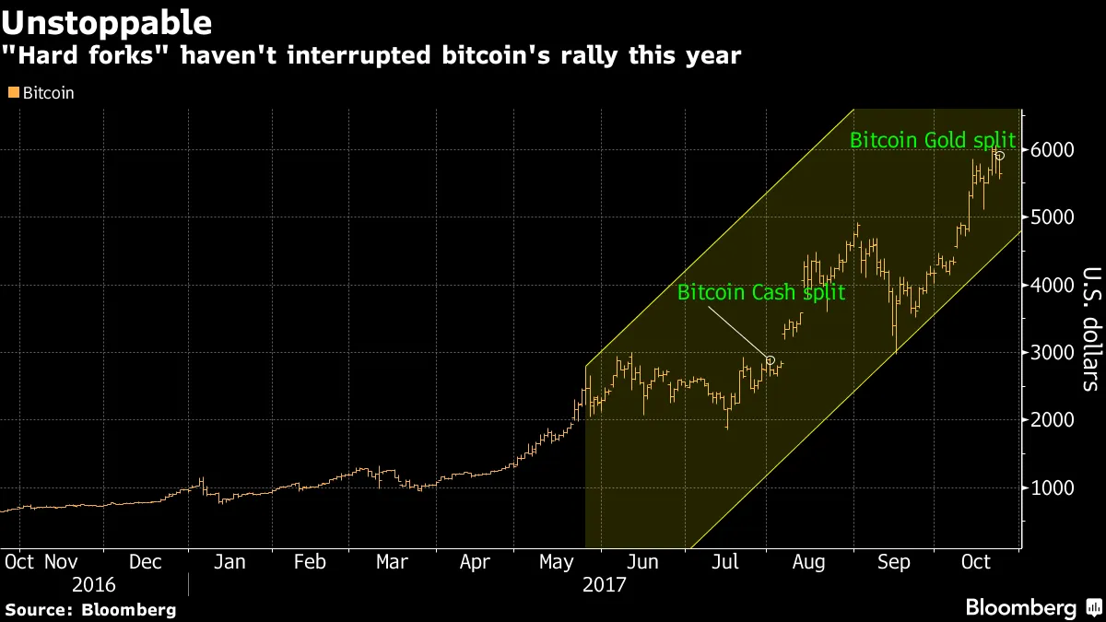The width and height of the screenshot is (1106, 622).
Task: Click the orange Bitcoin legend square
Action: (x=12, y=93)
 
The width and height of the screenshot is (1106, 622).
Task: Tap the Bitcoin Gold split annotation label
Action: (x=932, y=141)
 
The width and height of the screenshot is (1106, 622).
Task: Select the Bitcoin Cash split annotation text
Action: (x=760, y=293)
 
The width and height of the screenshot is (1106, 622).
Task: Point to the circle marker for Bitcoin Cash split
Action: (x=771, y=360)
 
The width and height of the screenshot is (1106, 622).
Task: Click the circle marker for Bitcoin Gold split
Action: (x=1000, y=156)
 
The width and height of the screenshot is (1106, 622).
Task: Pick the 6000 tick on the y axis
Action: (x=1053, y=150)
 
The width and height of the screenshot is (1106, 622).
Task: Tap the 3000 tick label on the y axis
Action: (x=1053, y=353)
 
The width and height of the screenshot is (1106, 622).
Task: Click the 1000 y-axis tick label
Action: (x=1053, y=488)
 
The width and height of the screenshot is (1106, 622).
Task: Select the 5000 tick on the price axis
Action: (x=1053, y=217)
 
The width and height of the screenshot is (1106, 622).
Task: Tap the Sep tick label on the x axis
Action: (x=894, y=561)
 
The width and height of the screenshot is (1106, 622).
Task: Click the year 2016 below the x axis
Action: (x=95, y=584)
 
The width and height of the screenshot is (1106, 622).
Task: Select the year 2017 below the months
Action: (x=604, y=584)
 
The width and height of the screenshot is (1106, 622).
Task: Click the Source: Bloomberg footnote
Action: (x=90, y=609)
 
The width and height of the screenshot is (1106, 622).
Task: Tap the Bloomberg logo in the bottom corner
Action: (x=1032, y=607)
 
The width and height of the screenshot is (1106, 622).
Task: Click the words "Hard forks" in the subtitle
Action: (x=126, y=56)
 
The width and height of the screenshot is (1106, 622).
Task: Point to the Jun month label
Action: (x=642, y=561)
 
